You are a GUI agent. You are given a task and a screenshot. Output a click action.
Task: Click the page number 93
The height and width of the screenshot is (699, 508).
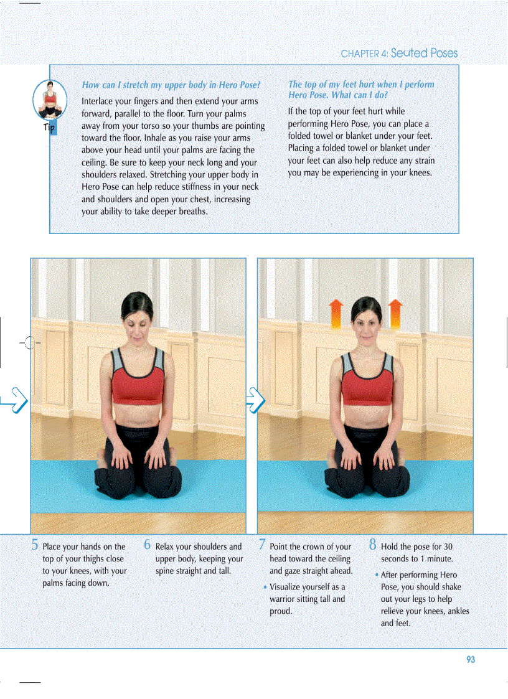tap(470, 660)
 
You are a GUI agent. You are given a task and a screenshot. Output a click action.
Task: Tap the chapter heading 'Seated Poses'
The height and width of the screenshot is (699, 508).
tap(424, 54)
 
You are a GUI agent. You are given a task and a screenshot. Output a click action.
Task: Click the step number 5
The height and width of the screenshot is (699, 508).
tap(35, 545)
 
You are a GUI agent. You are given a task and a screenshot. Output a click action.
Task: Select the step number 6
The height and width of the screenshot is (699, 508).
tap(148, 545)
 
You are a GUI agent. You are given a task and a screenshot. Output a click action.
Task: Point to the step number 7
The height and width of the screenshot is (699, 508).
tap(262, 545)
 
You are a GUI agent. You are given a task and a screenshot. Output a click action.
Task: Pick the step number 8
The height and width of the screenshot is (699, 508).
tap(373, 545)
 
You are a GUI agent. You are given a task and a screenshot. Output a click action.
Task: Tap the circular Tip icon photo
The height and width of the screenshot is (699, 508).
tap(50, 100)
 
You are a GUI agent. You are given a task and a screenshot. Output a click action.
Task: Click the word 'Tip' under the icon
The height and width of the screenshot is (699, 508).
tap(50, 128)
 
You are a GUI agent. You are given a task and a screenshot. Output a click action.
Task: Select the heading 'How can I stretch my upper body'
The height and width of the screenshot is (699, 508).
tap(171, 85)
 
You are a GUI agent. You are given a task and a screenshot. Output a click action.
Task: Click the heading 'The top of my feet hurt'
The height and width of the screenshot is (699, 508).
tap(361, 90)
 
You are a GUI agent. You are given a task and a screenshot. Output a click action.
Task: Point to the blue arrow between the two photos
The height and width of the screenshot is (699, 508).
tap(255, 400)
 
